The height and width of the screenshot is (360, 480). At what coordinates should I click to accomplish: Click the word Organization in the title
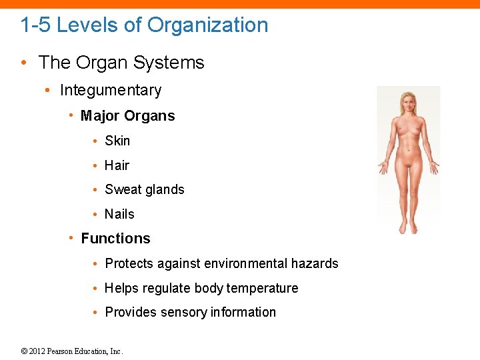207,25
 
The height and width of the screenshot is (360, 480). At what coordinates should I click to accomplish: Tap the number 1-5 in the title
35,25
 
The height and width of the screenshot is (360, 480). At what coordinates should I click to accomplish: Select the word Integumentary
111,90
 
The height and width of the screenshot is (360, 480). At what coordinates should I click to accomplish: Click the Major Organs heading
127,116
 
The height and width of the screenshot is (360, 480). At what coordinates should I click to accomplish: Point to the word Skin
117,141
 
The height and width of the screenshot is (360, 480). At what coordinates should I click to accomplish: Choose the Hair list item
117,165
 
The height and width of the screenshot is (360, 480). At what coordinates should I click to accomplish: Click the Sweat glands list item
144,190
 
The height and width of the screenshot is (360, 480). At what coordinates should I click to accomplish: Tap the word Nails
119,214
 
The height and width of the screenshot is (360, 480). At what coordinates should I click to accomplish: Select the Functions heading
115,239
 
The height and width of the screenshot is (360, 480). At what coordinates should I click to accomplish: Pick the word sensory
184,313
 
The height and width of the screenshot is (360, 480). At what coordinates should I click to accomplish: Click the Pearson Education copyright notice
72,351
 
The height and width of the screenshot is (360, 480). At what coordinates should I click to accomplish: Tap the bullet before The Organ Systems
23,63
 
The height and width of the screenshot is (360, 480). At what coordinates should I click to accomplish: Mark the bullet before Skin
96,141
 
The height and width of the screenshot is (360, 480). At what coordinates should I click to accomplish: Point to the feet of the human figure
407,229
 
